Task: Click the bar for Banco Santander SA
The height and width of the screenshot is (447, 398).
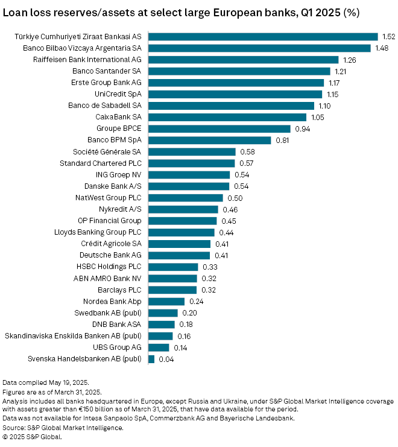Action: click(x=239, y=71)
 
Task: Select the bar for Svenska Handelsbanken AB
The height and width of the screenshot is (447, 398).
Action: click(x=151, y=359)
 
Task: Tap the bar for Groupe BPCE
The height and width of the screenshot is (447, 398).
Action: click(x=219, y=128)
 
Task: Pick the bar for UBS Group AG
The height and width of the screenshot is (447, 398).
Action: click(x=159, y=347)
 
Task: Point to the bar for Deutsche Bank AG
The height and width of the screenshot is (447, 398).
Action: click(x=179, y=255)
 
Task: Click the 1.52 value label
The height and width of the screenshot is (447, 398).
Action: click(x=388, y=37)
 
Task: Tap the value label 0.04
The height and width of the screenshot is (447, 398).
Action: click(x=165, y=359)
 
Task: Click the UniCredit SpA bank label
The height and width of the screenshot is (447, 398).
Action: click(x=118, y=94)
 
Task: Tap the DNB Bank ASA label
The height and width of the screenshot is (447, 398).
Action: click(x=119, y=325)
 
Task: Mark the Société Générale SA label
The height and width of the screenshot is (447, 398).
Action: click(x=107, y=151)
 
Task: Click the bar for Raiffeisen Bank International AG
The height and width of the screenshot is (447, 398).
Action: click(x=243, y=60)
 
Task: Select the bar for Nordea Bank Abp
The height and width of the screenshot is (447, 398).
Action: click(x=166, y=301)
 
